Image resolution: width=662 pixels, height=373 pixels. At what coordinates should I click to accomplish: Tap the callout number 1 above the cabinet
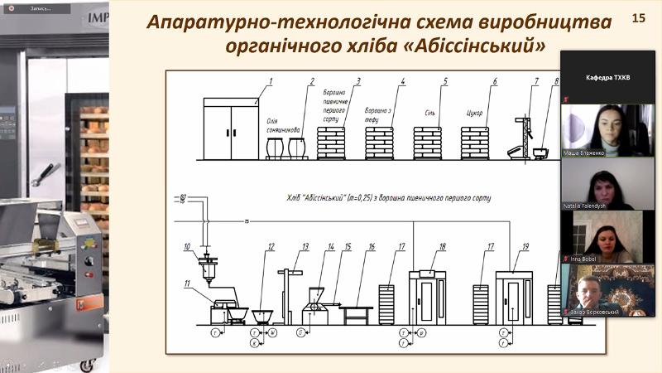pyautogui.click(x=270, y=81)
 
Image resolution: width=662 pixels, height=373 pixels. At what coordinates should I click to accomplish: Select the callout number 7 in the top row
pyautogui.click(x=536, y=81)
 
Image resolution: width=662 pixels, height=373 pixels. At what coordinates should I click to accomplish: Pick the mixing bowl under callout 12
pyautogui.click(x=264, y=315)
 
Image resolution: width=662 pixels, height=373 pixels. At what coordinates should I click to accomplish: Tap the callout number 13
pyautogui.click(x=305, y=247)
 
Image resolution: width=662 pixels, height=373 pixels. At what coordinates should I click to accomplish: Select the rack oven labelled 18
pyautogui.click(x=429, y=297)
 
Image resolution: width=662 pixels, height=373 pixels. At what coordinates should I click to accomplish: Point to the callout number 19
pyautogui.click(x=525, y=247)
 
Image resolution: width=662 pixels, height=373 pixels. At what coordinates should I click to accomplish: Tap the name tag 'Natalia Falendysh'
pyautogui.click(x=597, y=204)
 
